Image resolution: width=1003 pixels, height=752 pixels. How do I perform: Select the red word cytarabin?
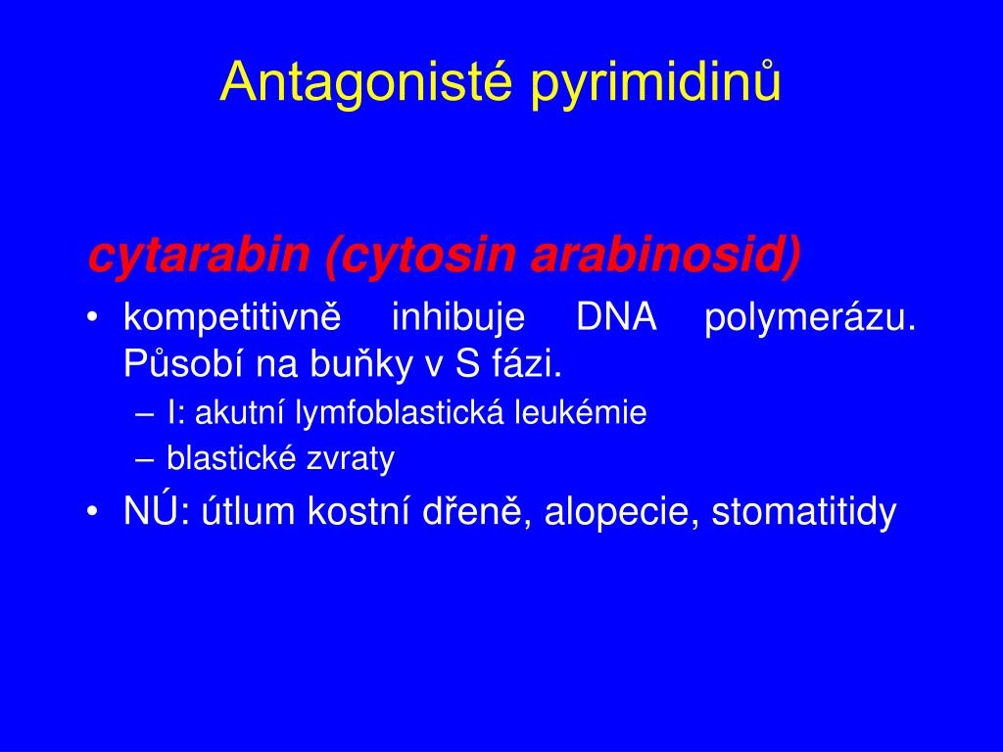pyautogui.click(x=199, y=256)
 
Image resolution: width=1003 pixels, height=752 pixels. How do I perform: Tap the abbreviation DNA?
pyautogui.click(x=616, y=317)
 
